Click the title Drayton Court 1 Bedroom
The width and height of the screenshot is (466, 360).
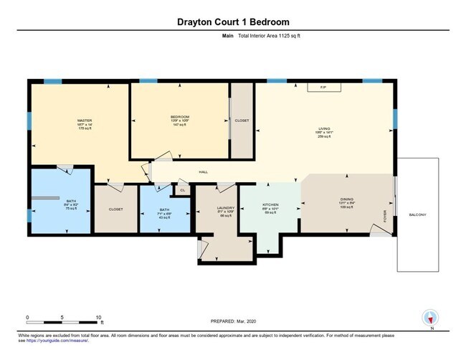[x=232, y=22]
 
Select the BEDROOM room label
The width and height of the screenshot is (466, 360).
[x=179, y=116]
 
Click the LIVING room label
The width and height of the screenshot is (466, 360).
[x=324, y=130]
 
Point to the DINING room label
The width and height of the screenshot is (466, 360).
[x=347, y=200]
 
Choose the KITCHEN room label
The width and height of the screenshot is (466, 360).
[x=270, y=204]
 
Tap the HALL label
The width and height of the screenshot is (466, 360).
[x=203, y=172]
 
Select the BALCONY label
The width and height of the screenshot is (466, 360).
[x=417, y=215]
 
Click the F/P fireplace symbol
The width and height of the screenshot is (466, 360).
[x=323, y=87]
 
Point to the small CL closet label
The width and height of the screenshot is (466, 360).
[x=182, y=189]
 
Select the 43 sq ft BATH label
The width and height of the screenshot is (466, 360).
[x=166, y=213]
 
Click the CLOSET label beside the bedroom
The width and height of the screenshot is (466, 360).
[x=242, y=120]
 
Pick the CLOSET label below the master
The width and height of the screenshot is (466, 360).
[x=115, y=209]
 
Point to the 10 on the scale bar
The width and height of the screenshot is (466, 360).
[x=99, y=316]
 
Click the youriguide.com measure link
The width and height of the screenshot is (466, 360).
[x=68, y=341]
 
